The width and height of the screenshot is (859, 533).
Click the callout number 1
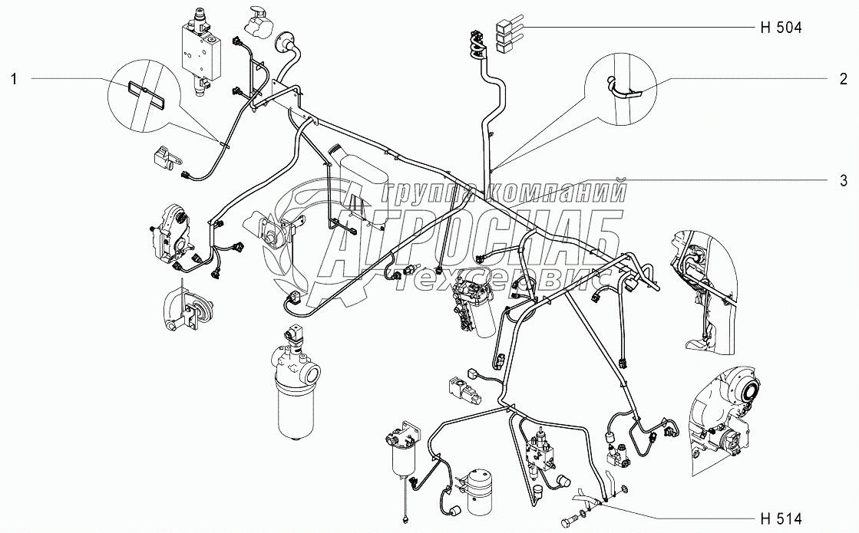13,77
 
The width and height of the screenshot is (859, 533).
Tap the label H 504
779,28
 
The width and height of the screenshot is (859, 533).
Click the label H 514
779,516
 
